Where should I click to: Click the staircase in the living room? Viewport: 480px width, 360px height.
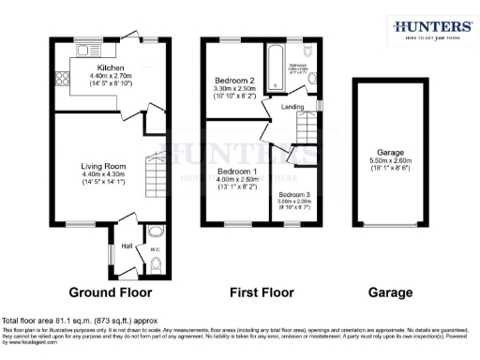tap(155, 178)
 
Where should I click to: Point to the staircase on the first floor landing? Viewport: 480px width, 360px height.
tap(302, 155)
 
